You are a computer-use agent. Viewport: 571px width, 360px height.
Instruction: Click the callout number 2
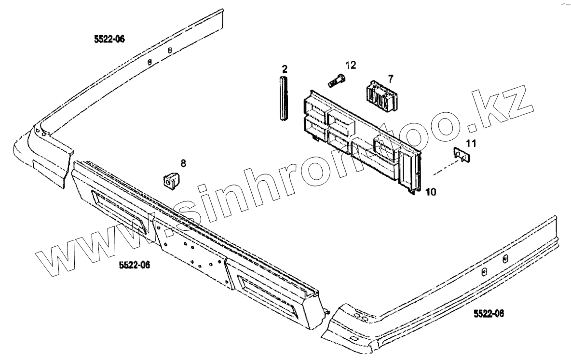pos(285,68)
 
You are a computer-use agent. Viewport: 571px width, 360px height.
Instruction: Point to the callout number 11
pos(471,143)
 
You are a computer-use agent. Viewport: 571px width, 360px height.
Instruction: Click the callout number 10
pos(431,192)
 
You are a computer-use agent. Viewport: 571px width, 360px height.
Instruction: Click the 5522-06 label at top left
pos(109,39)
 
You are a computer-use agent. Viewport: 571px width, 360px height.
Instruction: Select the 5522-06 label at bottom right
pos(488,314)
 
